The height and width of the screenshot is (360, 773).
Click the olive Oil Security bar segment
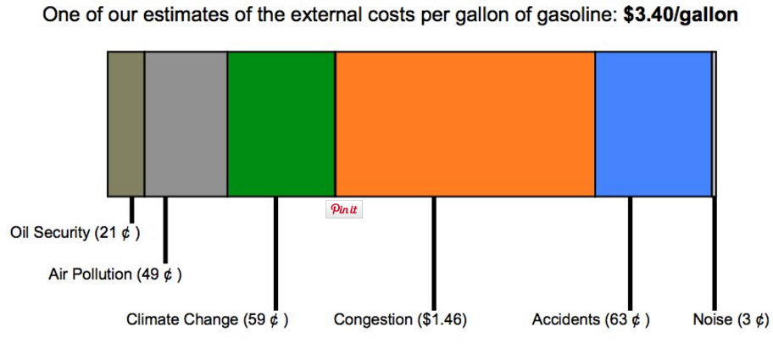point(125,124)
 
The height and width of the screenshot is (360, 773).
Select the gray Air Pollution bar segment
point(186,124)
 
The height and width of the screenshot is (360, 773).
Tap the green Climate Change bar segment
point(281,124)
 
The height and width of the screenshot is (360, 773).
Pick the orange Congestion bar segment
point(464,124)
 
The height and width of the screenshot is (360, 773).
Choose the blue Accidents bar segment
point(653,124)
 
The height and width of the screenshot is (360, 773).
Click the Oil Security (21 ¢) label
point(75,233)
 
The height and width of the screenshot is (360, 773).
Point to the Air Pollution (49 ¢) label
point(114,274)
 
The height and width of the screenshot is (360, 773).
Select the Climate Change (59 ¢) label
point(207,320)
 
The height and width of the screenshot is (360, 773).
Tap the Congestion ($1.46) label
point(400,320)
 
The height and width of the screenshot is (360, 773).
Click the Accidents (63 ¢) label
point(591,320)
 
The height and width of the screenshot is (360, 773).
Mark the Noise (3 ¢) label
point(731,320)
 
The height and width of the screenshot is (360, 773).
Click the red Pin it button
point(343,209)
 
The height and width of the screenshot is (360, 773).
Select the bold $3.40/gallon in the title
point(681,16)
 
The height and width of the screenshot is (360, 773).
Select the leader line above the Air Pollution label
point(165,230)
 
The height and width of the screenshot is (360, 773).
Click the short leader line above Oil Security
point(131,209)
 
